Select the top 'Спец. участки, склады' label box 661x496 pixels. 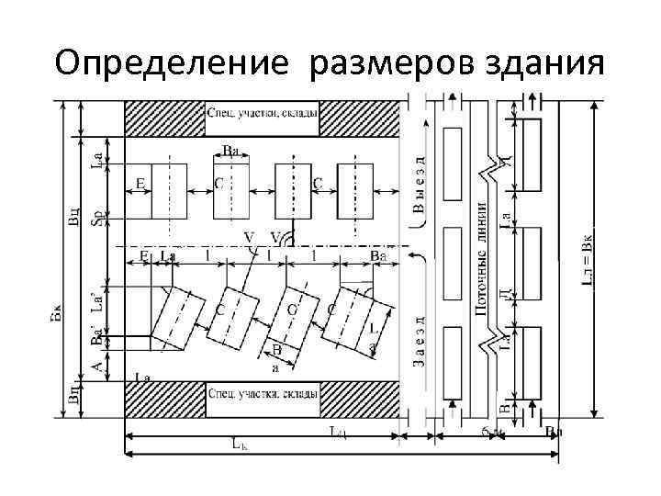pyautogui.click(x=263, y=114)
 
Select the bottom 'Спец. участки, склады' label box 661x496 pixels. pyautogui.click(x=263, y=393)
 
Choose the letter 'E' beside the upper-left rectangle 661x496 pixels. pyautogui.click(x=140, y=184)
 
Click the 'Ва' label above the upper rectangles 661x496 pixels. pyautogui.click(x=232, y=152)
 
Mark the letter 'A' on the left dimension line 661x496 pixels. pyautogui.click(x=98, y=365)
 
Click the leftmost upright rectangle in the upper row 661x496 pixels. pyautogui.click(x=169, y=191)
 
